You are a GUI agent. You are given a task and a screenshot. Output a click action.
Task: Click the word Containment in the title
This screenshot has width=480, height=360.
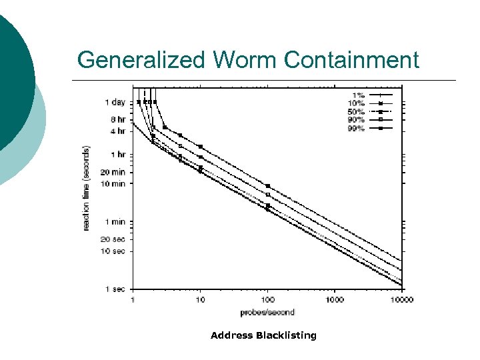pyautogui.click(x=351, y=60)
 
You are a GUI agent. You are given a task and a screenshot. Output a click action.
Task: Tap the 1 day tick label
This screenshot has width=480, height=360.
pyautogui.click(x=115, y=102)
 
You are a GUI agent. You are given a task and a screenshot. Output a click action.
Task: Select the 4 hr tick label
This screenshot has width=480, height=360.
pyautogui.click(x=117, y=131)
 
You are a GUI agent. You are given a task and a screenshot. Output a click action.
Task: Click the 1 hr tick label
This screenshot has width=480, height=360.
pyautogui.click(x=117, y=154)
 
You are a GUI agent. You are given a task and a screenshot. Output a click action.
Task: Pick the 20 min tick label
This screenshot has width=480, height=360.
pyautogui.click(x=114, y=171)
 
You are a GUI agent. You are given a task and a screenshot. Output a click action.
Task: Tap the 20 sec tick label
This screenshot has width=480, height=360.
pyautogui.click(x=114, y=239)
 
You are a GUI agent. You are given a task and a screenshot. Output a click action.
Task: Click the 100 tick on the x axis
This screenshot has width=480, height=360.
pyautogui.click(x=267, y=299)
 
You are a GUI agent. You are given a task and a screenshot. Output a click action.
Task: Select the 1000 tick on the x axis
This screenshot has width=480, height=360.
pyautogui.click(x=334, y=299)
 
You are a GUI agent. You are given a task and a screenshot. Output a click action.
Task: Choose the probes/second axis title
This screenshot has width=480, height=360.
pyautogui.click(x=267, y=312)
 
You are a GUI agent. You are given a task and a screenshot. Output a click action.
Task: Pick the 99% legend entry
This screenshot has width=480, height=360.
pyautogui.click(x=356, y=128)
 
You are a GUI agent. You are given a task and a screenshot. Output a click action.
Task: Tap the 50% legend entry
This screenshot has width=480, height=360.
pyautogui.click(x=356, y=111)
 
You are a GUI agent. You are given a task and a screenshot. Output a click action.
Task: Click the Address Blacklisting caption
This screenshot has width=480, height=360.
pyautogui.click(x=263, y=335)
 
